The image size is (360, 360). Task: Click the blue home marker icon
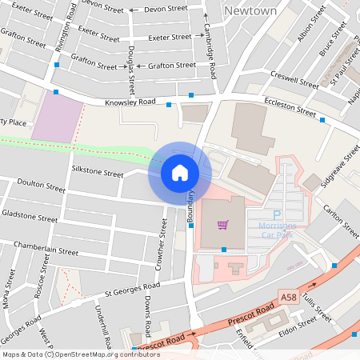click(x=179, y=172)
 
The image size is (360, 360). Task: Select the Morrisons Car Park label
click(x=278, y=231)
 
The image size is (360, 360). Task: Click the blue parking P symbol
click(x=278, y=215)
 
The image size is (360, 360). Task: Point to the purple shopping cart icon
click(x=222, y=225)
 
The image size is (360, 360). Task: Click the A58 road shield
click(x=290, y=298)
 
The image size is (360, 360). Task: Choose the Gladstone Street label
click(x=30, y=216)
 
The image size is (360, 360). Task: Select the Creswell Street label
click(x=295, y=81)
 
